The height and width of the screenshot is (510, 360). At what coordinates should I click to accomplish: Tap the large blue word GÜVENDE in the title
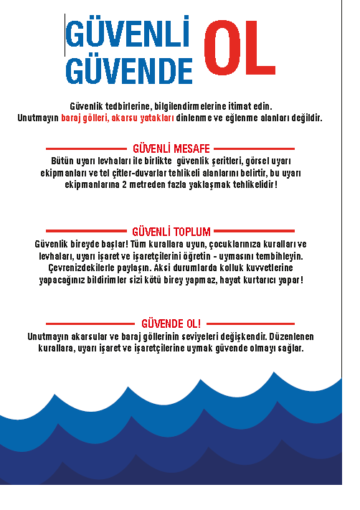tap(129, 71)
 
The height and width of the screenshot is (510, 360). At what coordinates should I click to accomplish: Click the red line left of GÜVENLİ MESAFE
tap(85, 148)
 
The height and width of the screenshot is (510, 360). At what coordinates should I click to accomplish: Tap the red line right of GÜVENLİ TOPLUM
tap(255, 232)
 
